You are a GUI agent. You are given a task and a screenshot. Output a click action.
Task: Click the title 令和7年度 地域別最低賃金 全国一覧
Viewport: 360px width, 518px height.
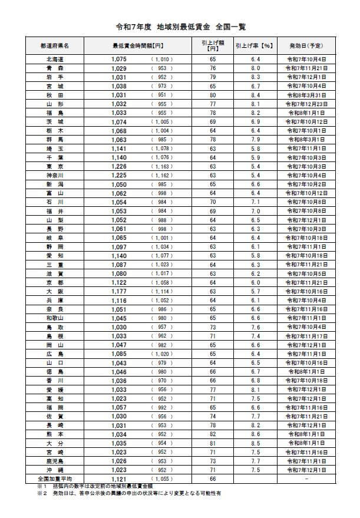click(180, 27)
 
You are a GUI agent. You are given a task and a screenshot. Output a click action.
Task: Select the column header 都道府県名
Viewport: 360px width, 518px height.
click(55, 45)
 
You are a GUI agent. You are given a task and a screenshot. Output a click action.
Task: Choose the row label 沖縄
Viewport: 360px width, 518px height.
click(55, 470)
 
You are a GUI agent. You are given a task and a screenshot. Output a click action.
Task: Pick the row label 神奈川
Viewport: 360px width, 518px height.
click(55, 176)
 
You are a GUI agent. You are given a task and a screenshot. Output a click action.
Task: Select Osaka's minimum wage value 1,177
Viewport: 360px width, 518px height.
click(119, 292)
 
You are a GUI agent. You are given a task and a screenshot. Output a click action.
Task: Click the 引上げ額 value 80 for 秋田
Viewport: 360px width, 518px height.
click(213, 94)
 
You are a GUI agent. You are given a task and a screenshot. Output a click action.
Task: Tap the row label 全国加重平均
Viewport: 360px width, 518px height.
click(55, 479)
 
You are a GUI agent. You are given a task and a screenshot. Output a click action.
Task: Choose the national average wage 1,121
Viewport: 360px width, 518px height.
click(119, 479)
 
